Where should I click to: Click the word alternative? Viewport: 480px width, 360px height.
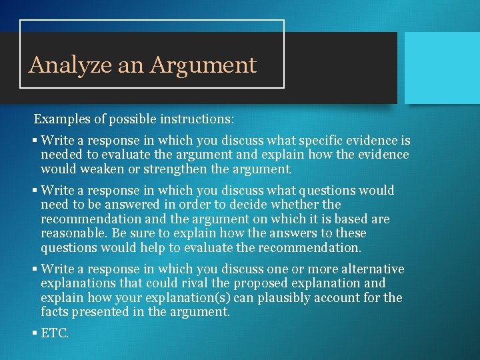[x=371, y=269]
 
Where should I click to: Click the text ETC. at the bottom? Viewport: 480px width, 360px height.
[x=55, y=333]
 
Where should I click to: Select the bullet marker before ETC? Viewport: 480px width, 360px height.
[x=34, y=333]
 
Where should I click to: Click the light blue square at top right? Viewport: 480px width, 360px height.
[x=442, y=67]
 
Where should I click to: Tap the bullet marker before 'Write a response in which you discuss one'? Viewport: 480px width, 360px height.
[x=34, y=269]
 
